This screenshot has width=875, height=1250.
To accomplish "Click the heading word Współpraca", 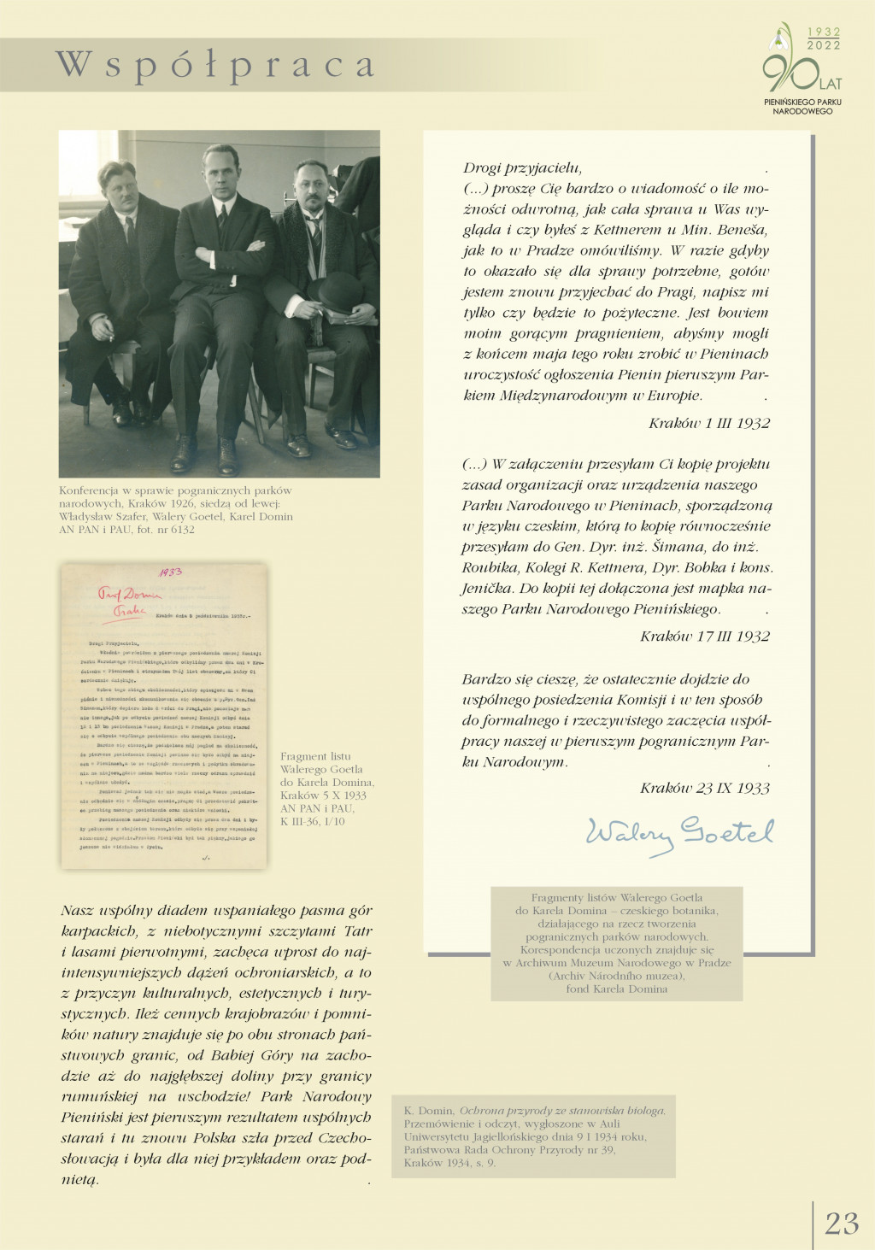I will click(x=214, y=66).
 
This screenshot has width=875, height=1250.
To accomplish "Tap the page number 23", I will click(x=842, y=1223).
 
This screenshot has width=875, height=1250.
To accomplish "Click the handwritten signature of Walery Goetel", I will click(x=679, y=833).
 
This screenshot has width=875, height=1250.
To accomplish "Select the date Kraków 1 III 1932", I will click(x=709, y=423).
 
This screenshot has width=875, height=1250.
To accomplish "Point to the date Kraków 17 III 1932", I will click(x=705, y=637).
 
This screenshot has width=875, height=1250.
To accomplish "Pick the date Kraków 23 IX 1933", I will click(x=705, y=788).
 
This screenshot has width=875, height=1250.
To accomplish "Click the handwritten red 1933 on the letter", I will click(x=170, y=572).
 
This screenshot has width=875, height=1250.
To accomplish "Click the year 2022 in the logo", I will click(x=824, y=45).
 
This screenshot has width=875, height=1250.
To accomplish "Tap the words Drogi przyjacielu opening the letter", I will click(x=522, y=168).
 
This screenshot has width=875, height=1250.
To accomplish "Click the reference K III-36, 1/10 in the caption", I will click(x=313, y=821).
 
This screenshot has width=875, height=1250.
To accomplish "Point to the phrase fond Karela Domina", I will click(x=616, y=989).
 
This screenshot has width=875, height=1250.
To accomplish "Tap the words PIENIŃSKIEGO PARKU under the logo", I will click(x=802, y=102).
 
